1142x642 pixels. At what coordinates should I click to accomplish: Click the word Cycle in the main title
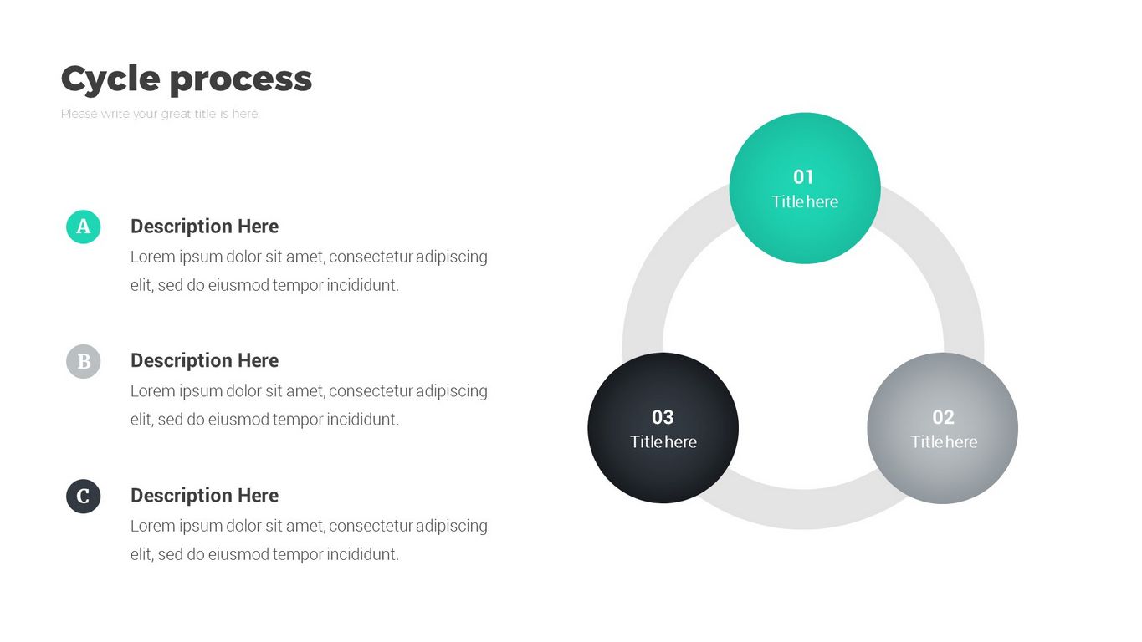click(x=110, y=79)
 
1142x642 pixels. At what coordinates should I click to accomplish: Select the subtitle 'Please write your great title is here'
click(x=159, y=114)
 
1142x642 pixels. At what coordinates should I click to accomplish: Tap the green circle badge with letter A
click(x=84, y=227)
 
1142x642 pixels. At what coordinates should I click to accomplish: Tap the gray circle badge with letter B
click(x=84, y=361)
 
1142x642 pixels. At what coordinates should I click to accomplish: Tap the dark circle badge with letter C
click(x=84, y=497)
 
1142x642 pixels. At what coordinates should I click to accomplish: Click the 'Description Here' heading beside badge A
click(x=204, y=227)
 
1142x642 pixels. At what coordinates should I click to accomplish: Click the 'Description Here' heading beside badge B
click(x=204, y=361)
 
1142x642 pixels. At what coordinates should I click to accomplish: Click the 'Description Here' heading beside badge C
click(x=204, y=496)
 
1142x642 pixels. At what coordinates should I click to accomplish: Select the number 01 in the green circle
click(x=803, y=176)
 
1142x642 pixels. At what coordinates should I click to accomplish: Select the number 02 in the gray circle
click(x=943, y=417)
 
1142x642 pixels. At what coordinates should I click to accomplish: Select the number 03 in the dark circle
click(x=663, y=417)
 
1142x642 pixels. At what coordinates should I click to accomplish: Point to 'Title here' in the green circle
click(x=805, y=201)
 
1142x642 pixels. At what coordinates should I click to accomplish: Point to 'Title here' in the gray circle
click(x=944, y=441)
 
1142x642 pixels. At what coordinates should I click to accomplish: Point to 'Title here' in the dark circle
click(x=663, y=441)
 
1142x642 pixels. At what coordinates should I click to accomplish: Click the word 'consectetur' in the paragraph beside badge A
click(x=371, y=257)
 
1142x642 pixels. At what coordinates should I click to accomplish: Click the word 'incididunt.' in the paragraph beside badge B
click(x=362, y=420)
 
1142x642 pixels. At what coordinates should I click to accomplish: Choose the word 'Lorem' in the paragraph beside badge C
click(x=152, y=526)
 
